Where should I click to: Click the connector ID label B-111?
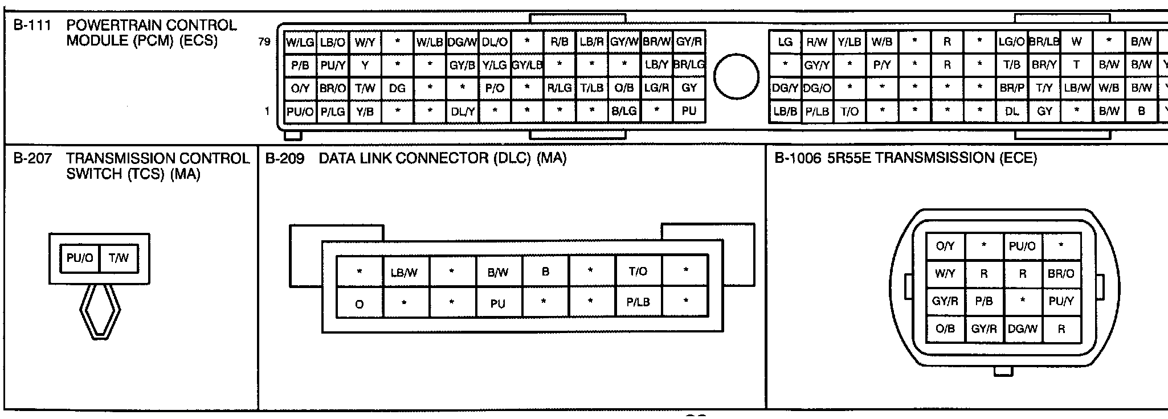pyautogui.click(x=32, y=26)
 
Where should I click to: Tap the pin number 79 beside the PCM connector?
pyautogui.click(x=264, y=42)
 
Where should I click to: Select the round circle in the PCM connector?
pyautogui.click(x=736, y=77)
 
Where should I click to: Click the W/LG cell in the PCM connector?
pyautogui.click(x=300, y=42)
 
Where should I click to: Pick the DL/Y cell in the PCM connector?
pyautogui.click(x=463, y=112)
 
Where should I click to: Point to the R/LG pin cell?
pyautogui.click(x=560, y=88)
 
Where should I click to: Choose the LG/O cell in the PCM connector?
pyautogui.click(x=1011, y=42)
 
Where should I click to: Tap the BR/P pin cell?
pyautogui.click(x=1011, y=88)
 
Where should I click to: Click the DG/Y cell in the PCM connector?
pyautogui.click(x=785, y=88)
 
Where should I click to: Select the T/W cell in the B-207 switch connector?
pyautogui.click(x=119, y=258)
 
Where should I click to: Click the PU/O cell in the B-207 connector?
pyautogui.click(x=80, y=258)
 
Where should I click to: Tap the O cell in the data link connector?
pyautogui.click(x=360, y=304)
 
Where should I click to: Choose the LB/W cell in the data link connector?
pyautogui.click(x=405, y=273)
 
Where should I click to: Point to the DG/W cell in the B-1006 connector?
pyautogui.click(x=1023, y=329)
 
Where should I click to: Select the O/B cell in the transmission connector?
pyautogui.click(x=945, y=329)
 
